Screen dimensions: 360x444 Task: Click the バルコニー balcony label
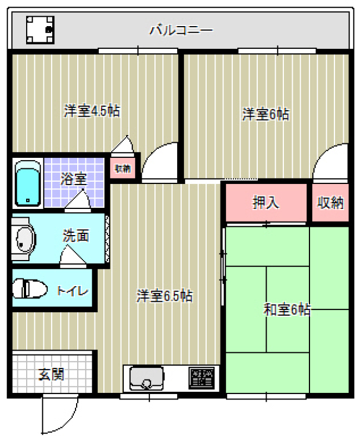(x=181, y=30)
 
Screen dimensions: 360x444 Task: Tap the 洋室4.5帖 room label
(x=92, y=111)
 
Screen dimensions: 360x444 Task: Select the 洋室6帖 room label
(x=266, y=114)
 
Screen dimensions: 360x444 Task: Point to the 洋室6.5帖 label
(x=164, y=296)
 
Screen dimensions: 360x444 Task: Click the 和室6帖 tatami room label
(x=287, y=309)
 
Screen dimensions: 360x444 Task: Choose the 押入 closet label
(x=266, y=202)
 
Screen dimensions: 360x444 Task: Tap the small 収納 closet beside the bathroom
(x=123, y=169)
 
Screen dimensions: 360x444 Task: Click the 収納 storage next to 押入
(x=331, y=203)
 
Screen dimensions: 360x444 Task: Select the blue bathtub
(x=27, y=183)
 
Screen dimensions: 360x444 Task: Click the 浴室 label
(x=74, y=179)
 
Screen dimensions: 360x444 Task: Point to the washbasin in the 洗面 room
(x=26, y=238)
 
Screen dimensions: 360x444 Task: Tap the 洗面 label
(x=76, y=236)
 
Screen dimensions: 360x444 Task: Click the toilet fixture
(x=29, y=289)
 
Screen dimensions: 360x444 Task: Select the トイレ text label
(x=72, y=291)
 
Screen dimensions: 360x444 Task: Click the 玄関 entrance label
(x=51, y=374)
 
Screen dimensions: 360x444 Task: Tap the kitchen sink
(x=147, y=378)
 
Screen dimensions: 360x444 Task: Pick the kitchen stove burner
(x=201, y=378)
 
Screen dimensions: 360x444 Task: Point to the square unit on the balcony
(x=40, y=30)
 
